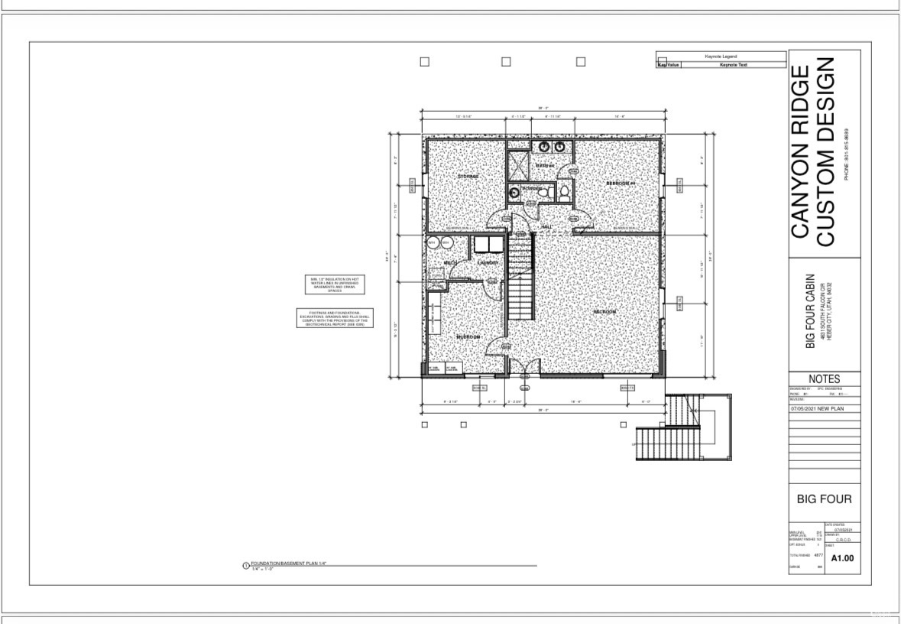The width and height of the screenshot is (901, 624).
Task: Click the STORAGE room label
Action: tap(468, 176)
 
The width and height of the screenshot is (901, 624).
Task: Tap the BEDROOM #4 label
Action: tap(621, 184)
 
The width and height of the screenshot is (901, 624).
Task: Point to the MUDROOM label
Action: tap(468, 336)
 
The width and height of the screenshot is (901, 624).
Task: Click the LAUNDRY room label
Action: tap(488, 263)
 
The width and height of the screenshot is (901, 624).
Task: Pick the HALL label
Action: tap(546, 226)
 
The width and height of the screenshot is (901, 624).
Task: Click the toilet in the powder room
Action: tap(564, 193)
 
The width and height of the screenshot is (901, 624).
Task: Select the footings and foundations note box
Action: tap(333, 318)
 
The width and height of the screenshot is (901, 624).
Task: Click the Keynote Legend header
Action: tap(721, 56)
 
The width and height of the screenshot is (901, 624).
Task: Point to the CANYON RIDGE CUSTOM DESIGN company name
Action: tap(813, 156)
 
